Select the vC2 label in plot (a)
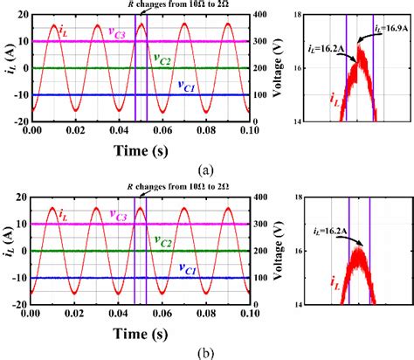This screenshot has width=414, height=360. [163, 59]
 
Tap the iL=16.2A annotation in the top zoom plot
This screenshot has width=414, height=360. [329, 53]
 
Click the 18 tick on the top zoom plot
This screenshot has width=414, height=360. [298, 15]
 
